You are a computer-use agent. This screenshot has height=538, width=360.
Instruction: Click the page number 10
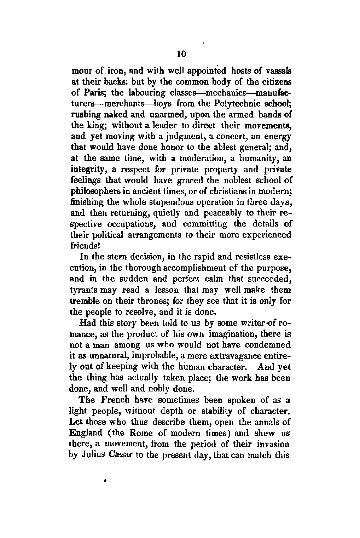click(181, 54)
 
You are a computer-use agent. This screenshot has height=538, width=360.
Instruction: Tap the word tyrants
click(87, 290)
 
